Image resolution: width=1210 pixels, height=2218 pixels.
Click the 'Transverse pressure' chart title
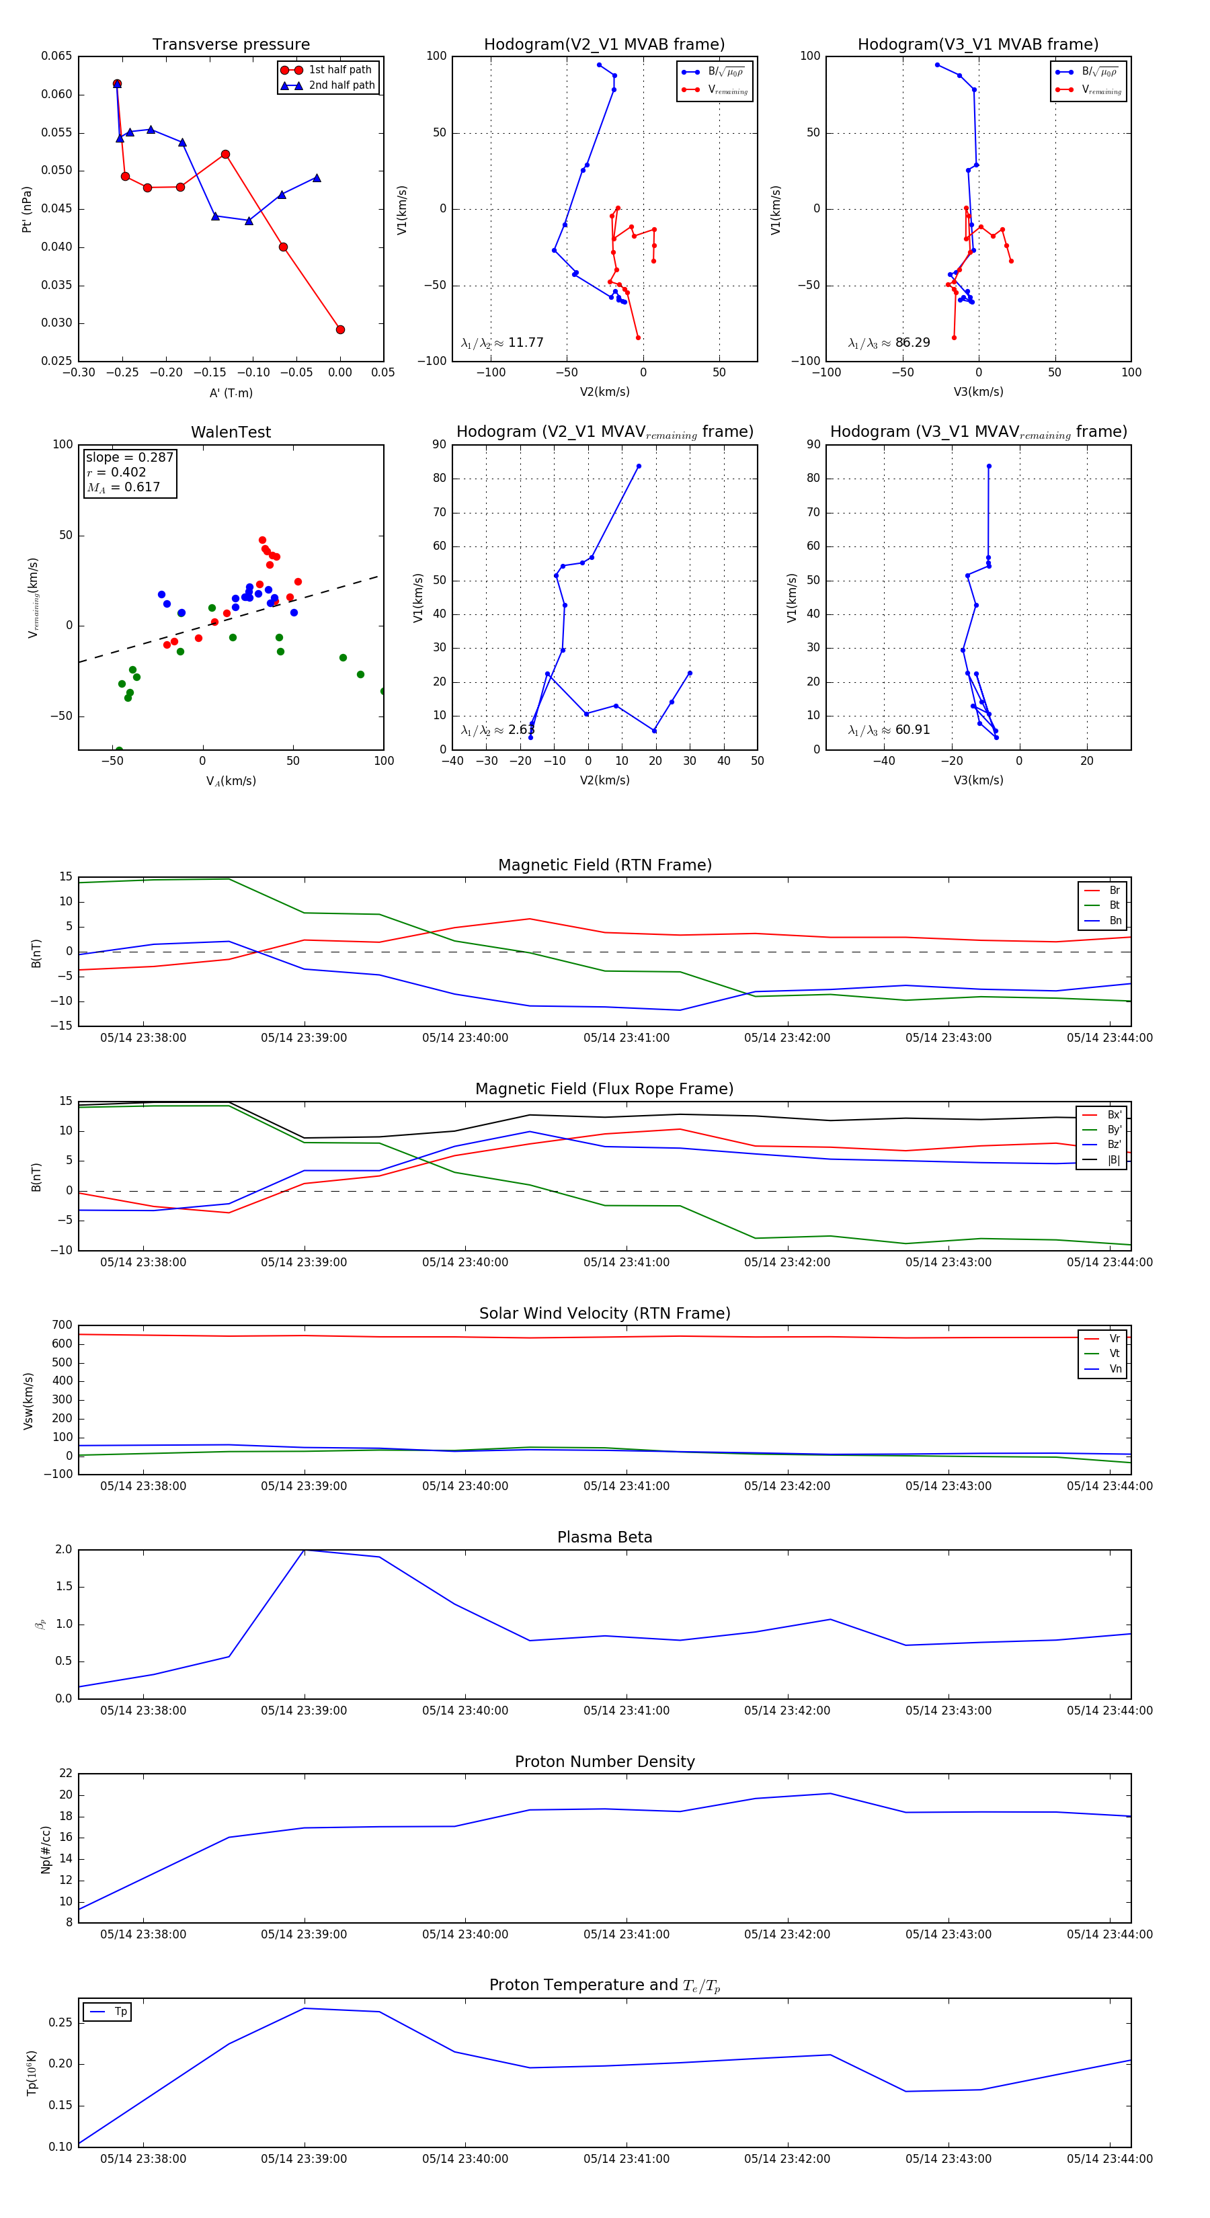point(231,45)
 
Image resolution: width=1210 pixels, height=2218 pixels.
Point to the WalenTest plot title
point(231,432)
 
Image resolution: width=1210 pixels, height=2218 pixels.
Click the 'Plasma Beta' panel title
point(604,1538)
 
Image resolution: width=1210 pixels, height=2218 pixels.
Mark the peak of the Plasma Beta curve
point(304,1550)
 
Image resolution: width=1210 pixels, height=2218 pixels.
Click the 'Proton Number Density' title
point(604,1762)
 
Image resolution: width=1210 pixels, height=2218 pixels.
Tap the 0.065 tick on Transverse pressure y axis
point(57,56)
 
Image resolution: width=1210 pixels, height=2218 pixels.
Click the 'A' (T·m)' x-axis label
point(231,393)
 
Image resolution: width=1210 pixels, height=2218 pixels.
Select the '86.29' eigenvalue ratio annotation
point(912,343)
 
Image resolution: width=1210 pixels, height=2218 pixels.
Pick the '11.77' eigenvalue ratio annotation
point(525,343)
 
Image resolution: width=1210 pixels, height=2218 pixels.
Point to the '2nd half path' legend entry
point(341,85)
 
